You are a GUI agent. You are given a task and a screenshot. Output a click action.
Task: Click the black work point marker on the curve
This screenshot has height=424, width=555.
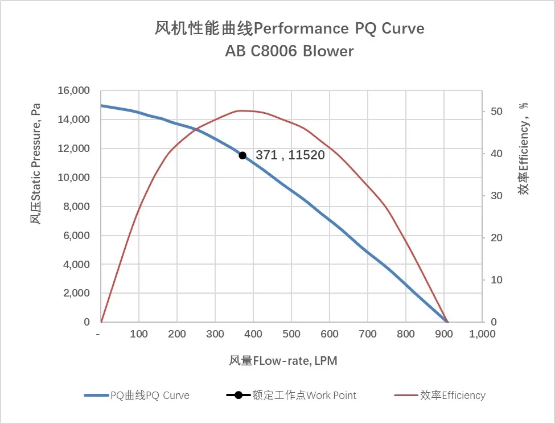pyautogui.click(x=242, y=155)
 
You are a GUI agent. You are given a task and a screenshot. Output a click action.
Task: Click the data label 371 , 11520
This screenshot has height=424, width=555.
pyautogui.click(x=290, y=155)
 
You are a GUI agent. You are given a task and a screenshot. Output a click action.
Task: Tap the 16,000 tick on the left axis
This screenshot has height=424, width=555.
pyautogui.click(x=74, y=90)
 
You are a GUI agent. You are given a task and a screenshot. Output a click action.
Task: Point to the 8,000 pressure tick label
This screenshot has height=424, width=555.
pyautogui.click(x=76, y=207)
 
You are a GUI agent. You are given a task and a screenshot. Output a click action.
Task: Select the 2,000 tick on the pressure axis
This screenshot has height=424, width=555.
pyautogui.click(x=76, y=293)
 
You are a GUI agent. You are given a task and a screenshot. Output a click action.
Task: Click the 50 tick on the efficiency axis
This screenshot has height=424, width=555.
pyautogui.click(x=496, y=112)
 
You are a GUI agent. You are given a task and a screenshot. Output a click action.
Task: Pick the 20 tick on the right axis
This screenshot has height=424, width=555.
pyautogui.click(x=496, y=238)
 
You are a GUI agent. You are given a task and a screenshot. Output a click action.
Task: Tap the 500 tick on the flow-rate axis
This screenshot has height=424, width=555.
pyautogui.click(x=291, y=334)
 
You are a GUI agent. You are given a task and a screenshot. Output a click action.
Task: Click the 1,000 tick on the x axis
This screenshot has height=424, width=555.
pyautogui.click(x=482, y=334)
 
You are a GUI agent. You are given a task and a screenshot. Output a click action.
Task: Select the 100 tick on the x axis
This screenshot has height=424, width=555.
pyautogui.click(x=139, y=334)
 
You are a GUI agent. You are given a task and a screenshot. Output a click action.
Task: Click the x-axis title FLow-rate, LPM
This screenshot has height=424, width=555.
pyautogui.click(x=283, y=361)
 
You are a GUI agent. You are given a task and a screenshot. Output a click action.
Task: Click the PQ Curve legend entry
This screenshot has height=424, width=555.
pyautogui.click(x=150, y=395)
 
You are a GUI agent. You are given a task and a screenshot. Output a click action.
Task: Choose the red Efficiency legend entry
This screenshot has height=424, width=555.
pyautogui.click(x=453, y=395)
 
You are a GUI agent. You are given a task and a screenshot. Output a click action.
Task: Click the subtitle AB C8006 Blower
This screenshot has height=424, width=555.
pyautogui.click(x=289, y=51)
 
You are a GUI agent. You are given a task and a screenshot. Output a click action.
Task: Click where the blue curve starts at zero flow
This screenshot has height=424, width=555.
pyautogui.click(x=102, y=105)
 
